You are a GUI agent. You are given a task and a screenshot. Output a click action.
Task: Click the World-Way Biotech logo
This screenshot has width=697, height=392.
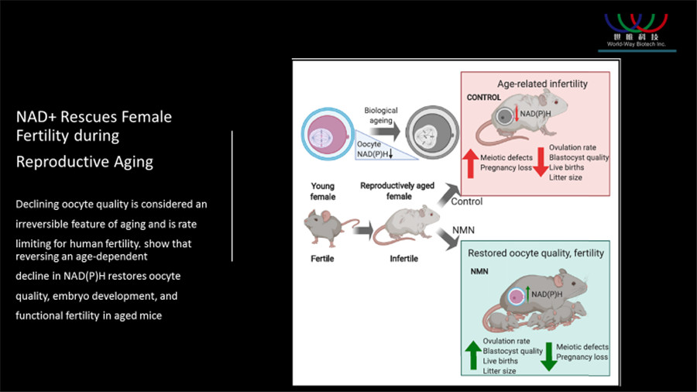click(636, 31)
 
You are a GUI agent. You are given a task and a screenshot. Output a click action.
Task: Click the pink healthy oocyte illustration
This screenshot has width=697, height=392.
click(328, 134)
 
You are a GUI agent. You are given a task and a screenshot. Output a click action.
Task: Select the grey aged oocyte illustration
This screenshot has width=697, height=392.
click(432, 132)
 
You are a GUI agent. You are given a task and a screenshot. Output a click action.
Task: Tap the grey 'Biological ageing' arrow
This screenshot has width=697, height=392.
click(385, 131)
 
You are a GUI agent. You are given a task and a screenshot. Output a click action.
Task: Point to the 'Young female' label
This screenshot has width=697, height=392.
click(323, 191)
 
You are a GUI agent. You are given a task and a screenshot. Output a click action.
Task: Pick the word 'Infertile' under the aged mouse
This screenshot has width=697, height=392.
click(403, 258)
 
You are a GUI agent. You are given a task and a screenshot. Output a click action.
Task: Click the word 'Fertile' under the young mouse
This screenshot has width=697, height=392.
click(322, 258)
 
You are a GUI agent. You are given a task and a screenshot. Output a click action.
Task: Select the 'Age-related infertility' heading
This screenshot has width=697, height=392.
click(542, 84)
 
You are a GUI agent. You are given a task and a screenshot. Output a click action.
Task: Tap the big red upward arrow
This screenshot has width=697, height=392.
click(470, 163)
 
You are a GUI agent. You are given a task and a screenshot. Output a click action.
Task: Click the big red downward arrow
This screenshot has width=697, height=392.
click(541, 162)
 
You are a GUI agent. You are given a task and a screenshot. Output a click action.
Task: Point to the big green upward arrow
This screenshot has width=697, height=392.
click(473, 355)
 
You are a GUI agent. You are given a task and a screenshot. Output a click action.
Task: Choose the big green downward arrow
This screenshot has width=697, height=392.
click(549, 356)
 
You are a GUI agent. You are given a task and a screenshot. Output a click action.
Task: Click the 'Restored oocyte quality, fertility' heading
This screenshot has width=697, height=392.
click(536, 253)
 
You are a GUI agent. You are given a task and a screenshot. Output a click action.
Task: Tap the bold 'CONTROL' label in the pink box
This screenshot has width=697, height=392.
click(483, 98)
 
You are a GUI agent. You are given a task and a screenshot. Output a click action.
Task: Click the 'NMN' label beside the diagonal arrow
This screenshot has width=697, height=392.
click(463, 230)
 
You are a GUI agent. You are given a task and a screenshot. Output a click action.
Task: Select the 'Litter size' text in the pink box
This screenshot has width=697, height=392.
click(565, 177)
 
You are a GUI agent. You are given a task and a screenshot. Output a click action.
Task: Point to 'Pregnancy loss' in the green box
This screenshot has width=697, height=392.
click(582, 357)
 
